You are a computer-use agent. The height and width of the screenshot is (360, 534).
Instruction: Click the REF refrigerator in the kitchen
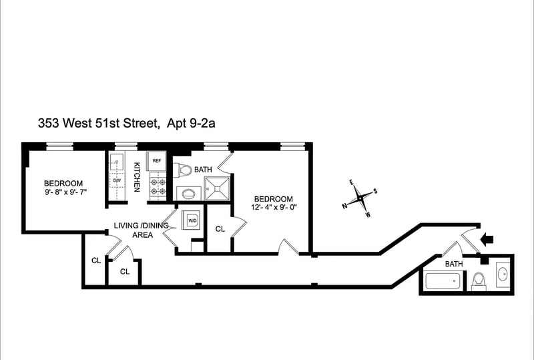[x=156, y=161]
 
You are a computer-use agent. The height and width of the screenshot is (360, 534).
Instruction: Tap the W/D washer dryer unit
[x=192, y=220]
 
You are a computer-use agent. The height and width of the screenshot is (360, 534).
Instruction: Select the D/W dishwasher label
[x=117, y=180]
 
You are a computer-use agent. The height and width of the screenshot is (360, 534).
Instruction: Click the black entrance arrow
[x=487, y=239]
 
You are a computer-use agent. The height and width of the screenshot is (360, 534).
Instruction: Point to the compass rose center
[x=360, y=198]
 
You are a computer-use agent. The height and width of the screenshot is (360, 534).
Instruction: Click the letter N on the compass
[x=344, y=206]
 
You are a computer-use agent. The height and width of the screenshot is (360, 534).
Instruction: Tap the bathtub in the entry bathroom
[x=443, y=281]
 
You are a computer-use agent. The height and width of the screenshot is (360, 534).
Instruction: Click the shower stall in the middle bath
[x=217, y=188]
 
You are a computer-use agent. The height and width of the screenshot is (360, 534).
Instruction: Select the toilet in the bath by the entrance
[x=479, y=281]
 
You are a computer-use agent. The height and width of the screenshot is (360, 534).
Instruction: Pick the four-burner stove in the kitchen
[x=158, y=187]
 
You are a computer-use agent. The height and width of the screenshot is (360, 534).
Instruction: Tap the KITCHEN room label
[x=137, y=177]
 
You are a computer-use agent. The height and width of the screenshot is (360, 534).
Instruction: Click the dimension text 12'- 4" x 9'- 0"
[x=272, y=207]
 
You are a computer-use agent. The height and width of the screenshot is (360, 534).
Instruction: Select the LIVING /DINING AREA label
[x=142, y=230]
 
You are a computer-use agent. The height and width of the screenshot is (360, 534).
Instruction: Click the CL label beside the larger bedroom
[x=220, y=229]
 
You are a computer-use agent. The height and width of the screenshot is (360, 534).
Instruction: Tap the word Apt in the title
[x=176, y=124]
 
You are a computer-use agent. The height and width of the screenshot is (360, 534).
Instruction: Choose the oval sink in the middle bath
[x=188, y=194]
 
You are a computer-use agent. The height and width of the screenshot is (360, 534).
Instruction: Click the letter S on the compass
[x=375, y=191]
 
